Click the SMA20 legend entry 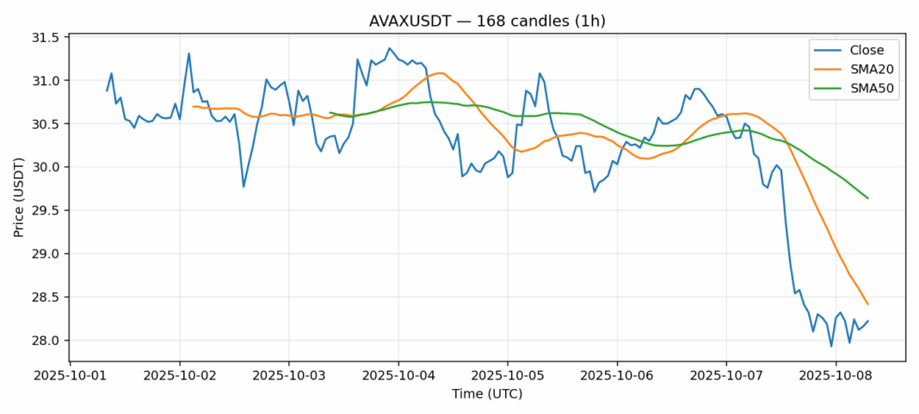pyautogui.click(x=867, y=71)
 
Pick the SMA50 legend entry pyautogui.click(x=867, y=90)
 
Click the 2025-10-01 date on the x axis pyautogui.click(x=71, y=374)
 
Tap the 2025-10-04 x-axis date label pyautogui.click(x=398, y=374)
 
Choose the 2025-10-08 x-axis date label pyautogui.click(x=836, y=374)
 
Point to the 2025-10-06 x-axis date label pyautogui.click(x=617, y=374)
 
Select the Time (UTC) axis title pyautogui.click(x=487, y=393)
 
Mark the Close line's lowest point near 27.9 pyautogui.click(x=831, y=346)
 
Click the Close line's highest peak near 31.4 pyautogui.click(x=389, y=48)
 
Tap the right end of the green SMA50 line pyautogui.click(x=867, y=198)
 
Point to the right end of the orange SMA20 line pyautogui.click(x=867, y=304)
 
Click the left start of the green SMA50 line pyautogui.click(x=330, y=112)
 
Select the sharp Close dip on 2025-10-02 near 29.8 pyautogui.click(x=244, y=186)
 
